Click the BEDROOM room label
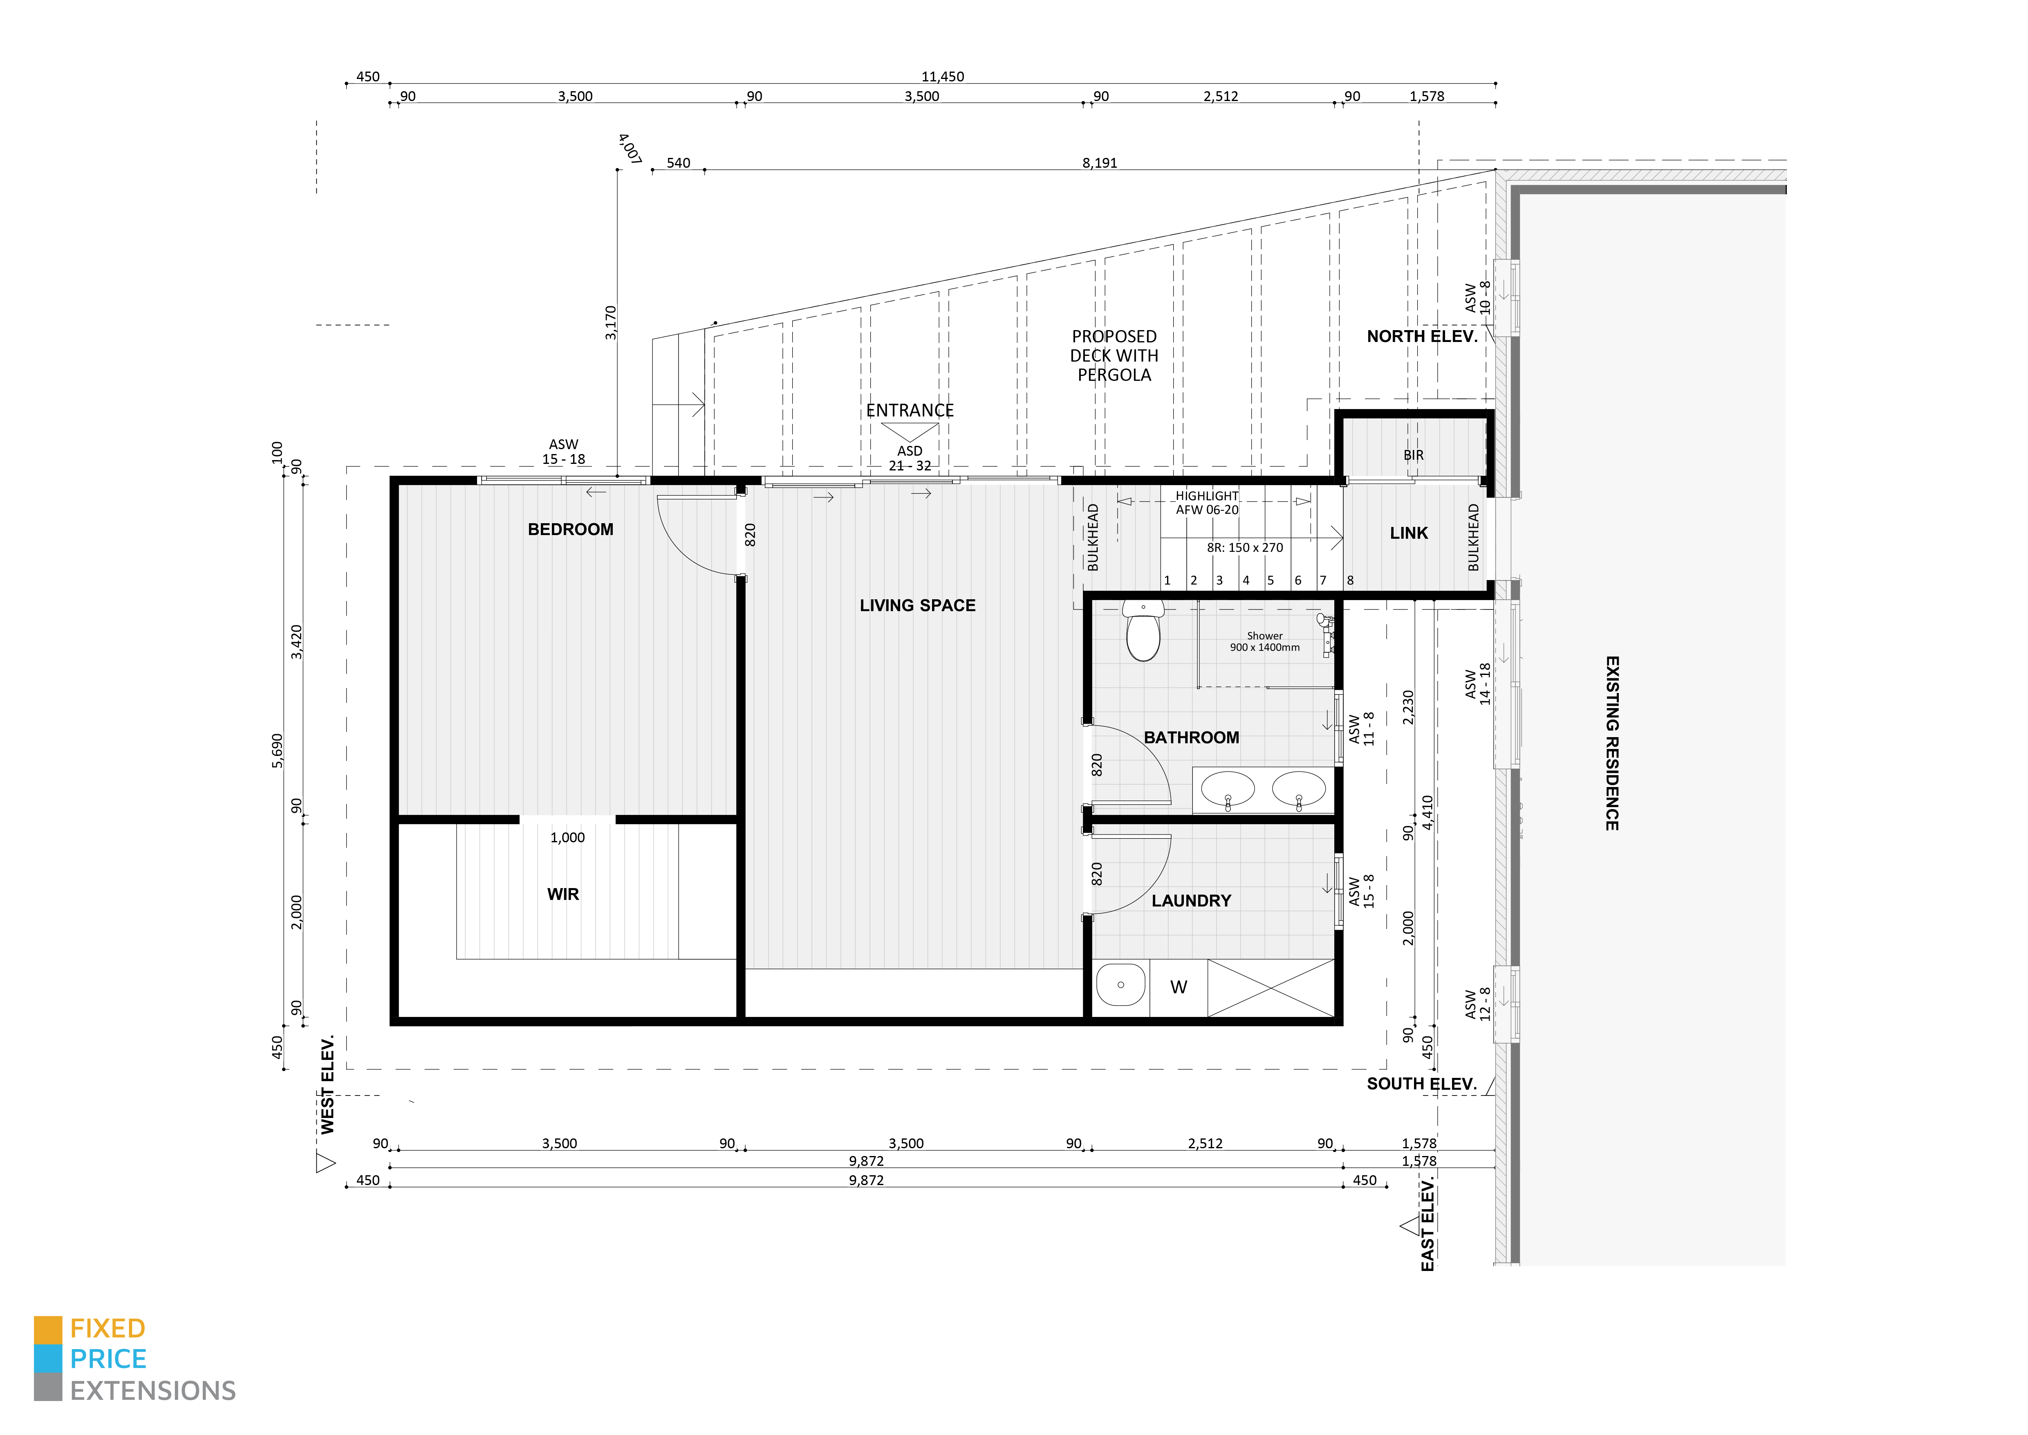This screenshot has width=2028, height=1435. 571,529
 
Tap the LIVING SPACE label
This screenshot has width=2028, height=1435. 918,605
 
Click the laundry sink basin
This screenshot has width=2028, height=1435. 1121,985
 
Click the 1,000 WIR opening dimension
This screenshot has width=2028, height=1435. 567,838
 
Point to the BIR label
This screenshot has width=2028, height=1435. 1413,455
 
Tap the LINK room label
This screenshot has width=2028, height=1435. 1409,533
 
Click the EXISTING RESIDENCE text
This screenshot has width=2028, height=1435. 1612,743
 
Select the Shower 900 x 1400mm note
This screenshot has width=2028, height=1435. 1265,641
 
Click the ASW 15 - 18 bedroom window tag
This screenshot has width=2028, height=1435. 564,452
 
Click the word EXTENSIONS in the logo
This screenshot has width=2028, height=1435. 153,1391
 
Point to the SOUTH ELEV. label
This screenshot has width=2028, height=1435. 1421,1084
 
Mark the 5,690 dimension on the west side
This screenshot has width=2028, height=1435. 277,751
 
